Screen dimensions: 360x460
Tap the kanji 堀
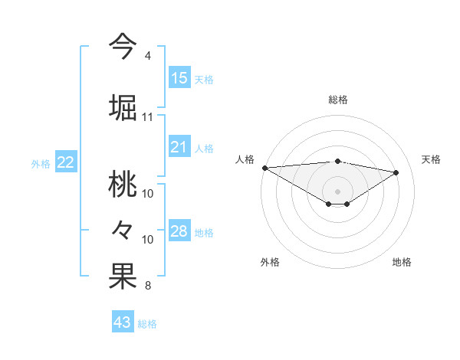pyautogui.click(x=123, y=106)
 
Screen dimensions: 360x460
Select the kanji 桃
pyautogui.click(x=123, y=184)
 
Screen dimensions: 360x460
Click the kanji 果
pyautogui.click(x=123, y=277)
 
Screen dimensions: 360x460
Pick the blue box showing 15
pyautogui.click(x=179, y=78)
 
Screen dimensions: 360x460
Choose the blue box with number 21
pyautogui.click(x=179, y=148)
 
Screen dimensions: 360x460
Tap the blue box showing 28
pyautogui.click(x=179, y=232)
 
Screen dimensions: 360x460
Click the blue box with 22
pyautogui.click(x=66, y=162)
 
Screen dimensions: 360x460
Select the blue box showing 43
pyautogui.click(x=123, y=322)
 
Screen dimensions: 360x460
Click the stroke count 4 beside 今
pyautogui.click(x=147, y=56)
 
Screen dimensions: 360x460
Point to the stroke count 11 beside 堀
pyautogui.click(x=148, y=117)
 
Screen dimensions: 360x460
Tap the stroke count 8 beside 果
pyautogui.click(x=147, y=286)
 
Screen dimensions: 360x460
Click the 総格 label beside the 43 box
pyautogui.click(x=147, y=324)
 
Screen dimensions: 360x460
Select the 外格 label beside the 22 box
pyautogui.click(x=41, y=163)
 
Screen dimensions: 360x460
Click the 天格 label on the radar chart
pyautogui.click(x=432, y=159)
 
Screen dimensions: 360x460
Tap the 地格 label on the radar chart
pyautogui.click(x=402, y=262)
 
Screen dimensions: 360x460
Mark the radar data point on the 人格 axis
pyautogui.click(x=264, y=167)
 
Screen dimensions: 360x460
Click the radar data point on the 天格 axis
pyautogui.click(x=396, y=172)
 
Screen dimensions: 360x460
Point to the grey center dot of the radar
pyautogui.click(x=337, y=191)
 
